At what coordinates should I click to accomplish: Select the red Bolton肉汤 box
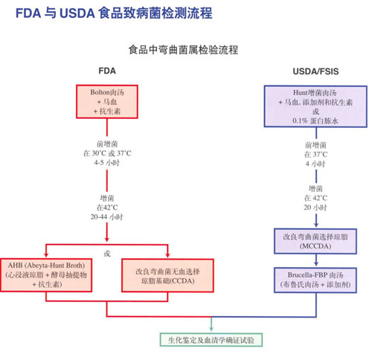click(x=109, y=100)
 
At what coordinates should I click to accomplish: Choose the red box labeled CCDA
click(x=168, y=274)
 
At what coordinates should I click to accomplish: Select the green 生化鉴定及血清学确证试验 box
click(x=211, y=338)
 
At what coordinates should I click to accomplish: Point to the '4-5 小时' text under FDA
click(x=109, y=162)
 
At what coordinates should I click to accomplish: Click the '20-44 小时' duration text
click(x=109, y=216)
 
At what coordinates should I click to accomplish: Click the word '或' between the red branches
click(x=108, y=254)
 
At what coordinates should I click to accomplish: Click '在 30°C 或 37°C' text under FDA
click(x=109, y=152)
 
